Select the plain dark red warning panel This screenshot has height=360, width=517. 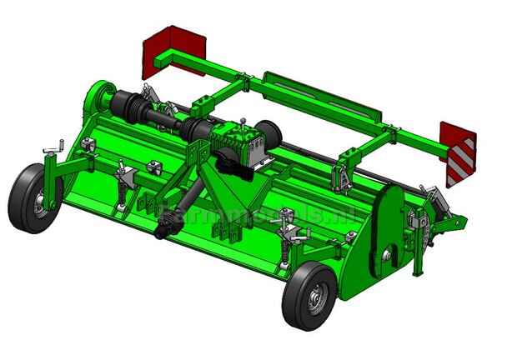pos(173,49)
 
